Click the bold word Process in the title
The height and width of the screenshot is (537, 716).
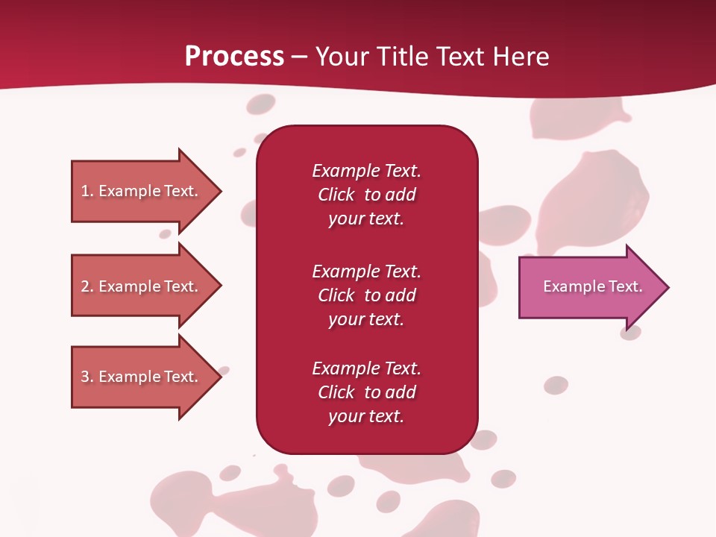point(234,57)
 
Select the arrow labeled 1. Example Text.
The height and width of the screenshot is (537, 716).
point(142,191)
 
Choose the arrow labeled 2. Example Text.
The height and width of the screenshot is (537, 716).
point(142,286)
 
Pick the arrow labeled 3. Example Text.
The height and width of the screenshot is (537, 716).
point(142,377)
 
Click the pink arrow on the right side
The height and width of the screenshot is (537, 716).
point(589,287)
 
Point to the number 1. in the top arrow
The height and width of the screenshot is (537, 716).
point(87,191)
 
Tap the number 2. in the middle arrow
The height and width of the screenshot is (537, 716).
point(87,286)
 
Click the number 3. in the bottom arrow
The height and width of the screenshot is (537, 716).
point(87,377)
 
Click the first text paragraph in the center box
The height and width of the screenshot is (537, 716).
point(366,195)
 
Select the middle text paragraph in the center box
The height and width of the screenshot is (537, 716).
point(366,295)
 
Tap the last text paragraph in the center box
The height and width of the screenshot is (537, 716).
point(366,392)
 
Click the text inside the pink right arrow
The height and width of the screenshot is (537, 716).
point(592,286)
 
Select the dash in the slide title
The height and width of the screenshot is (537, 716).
point(300,57)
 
